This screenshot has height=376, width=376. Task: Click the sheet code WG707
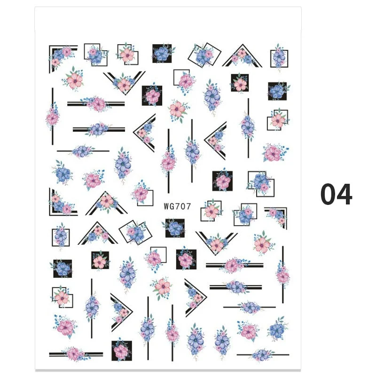coord(177,205)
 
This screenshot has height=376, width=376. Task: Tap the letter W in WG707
coord(167,205)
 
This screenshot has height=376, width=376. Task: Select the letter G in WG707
coord(173,205)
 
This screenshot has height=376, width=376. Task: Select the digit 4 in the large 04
coord(344,194)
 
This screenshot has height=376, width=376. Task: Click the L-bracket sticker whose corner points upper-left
coord(63,56)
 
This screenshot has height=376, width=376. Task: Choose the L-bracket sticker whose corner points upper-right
coord(278,215)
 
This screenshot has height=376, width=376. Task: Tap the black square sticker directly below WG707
coord(175,228)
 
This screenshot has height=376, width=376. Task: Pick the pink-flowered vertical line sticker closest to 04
coord(282,274)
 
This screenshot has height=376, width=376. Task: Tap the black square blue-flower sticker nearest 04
coord(277,91)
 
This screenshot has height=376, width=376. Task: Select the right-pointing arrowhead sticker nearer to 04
coord(194,296)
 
